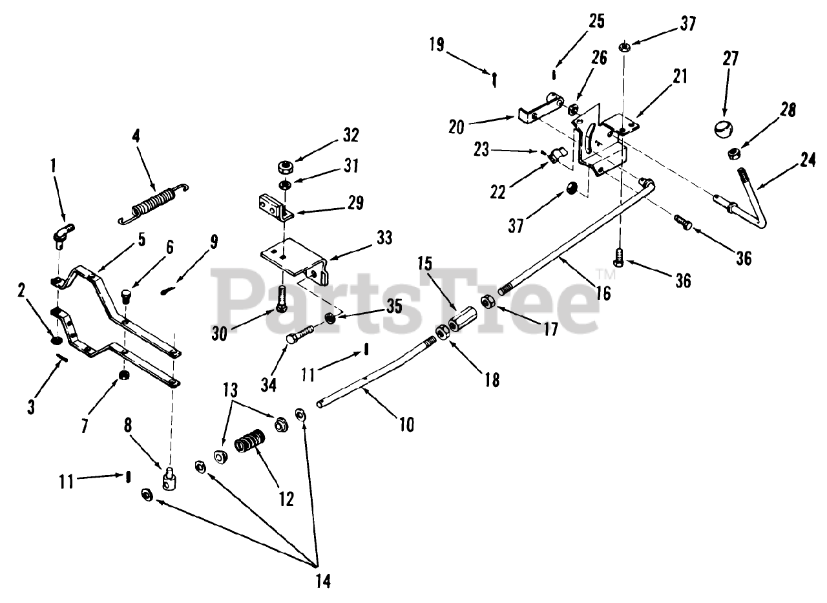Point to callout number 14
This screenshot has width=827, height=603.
[x=323, y=581]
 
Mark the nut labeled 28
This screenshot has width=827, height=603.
[x=733, y=153]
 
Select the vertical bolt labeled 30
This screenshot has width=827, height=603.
[x=282, y=299]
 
